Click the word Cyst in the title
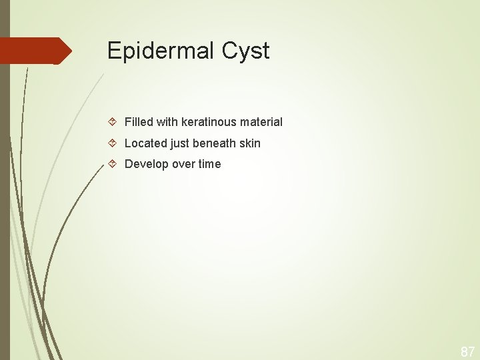tap(248, 51)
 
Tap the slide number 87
tap(467, 351)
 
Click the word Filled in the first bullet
tap(139, 122)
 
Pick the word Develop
tap(146, 164)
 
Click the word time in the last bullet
tap(209, 164)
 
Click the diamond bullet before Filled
tap(113, 122)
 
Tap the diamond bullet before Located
tap(113, 143)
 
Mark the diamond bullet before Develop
tap(113, 164)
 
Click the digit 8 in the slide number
tap(464, 351)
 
